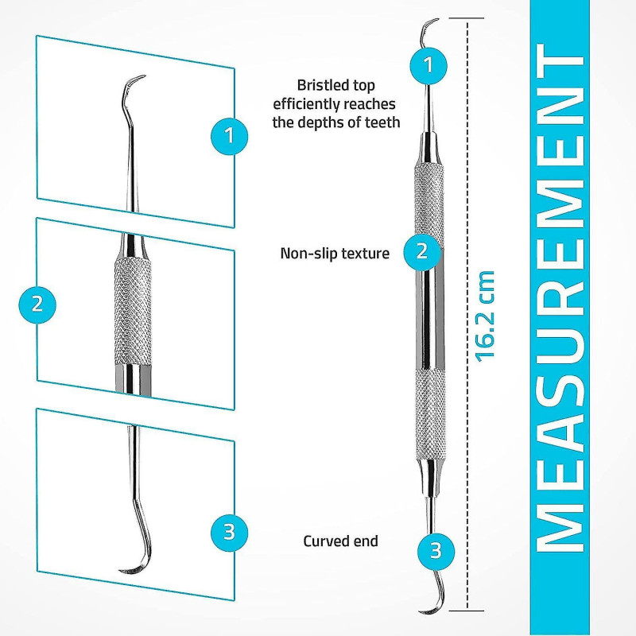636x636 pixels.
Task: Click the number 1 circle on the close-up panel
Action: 230,134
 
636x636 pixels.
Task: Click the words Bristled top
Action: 335,85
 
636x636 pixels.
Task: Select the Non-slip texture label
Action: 335,254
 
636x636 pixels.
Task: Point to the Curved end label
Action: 340,541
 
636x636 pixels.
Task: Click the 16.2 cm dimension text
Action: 485,315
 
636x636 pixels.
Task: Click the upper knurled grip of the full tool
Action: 429,195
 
